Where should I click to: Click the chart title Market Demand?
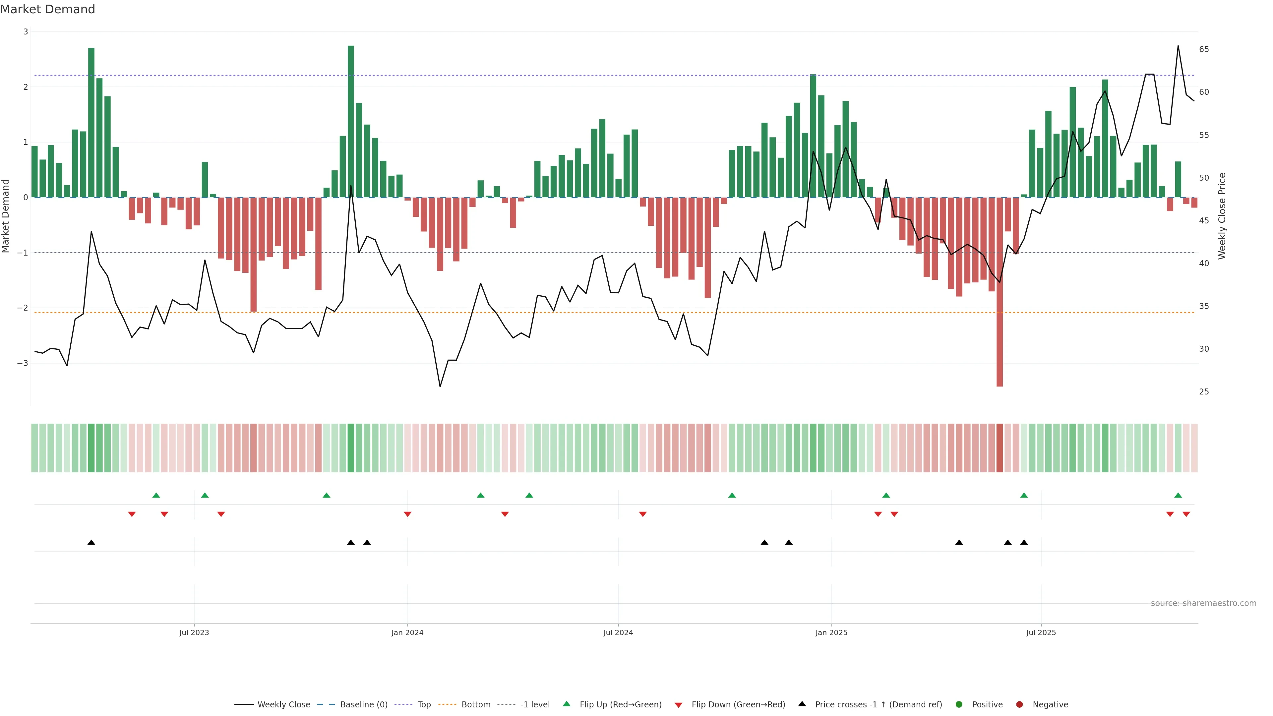[47, 9]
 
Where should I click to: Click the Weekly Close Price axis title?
[1222, 216]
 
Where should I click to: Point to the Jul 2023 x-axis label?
[194, 632]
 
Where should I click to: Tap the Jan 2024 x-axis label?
[407, 632]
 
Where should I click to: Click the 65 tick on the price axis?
[1204, 49]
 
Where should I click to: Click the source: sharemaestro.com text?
[1203, 603]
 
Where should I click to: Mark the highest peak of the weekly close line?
[1178, 46]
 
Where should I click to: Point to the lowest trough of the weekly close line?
[440, 386]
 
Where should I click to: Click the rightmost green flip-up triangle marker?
[1178, 495]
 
